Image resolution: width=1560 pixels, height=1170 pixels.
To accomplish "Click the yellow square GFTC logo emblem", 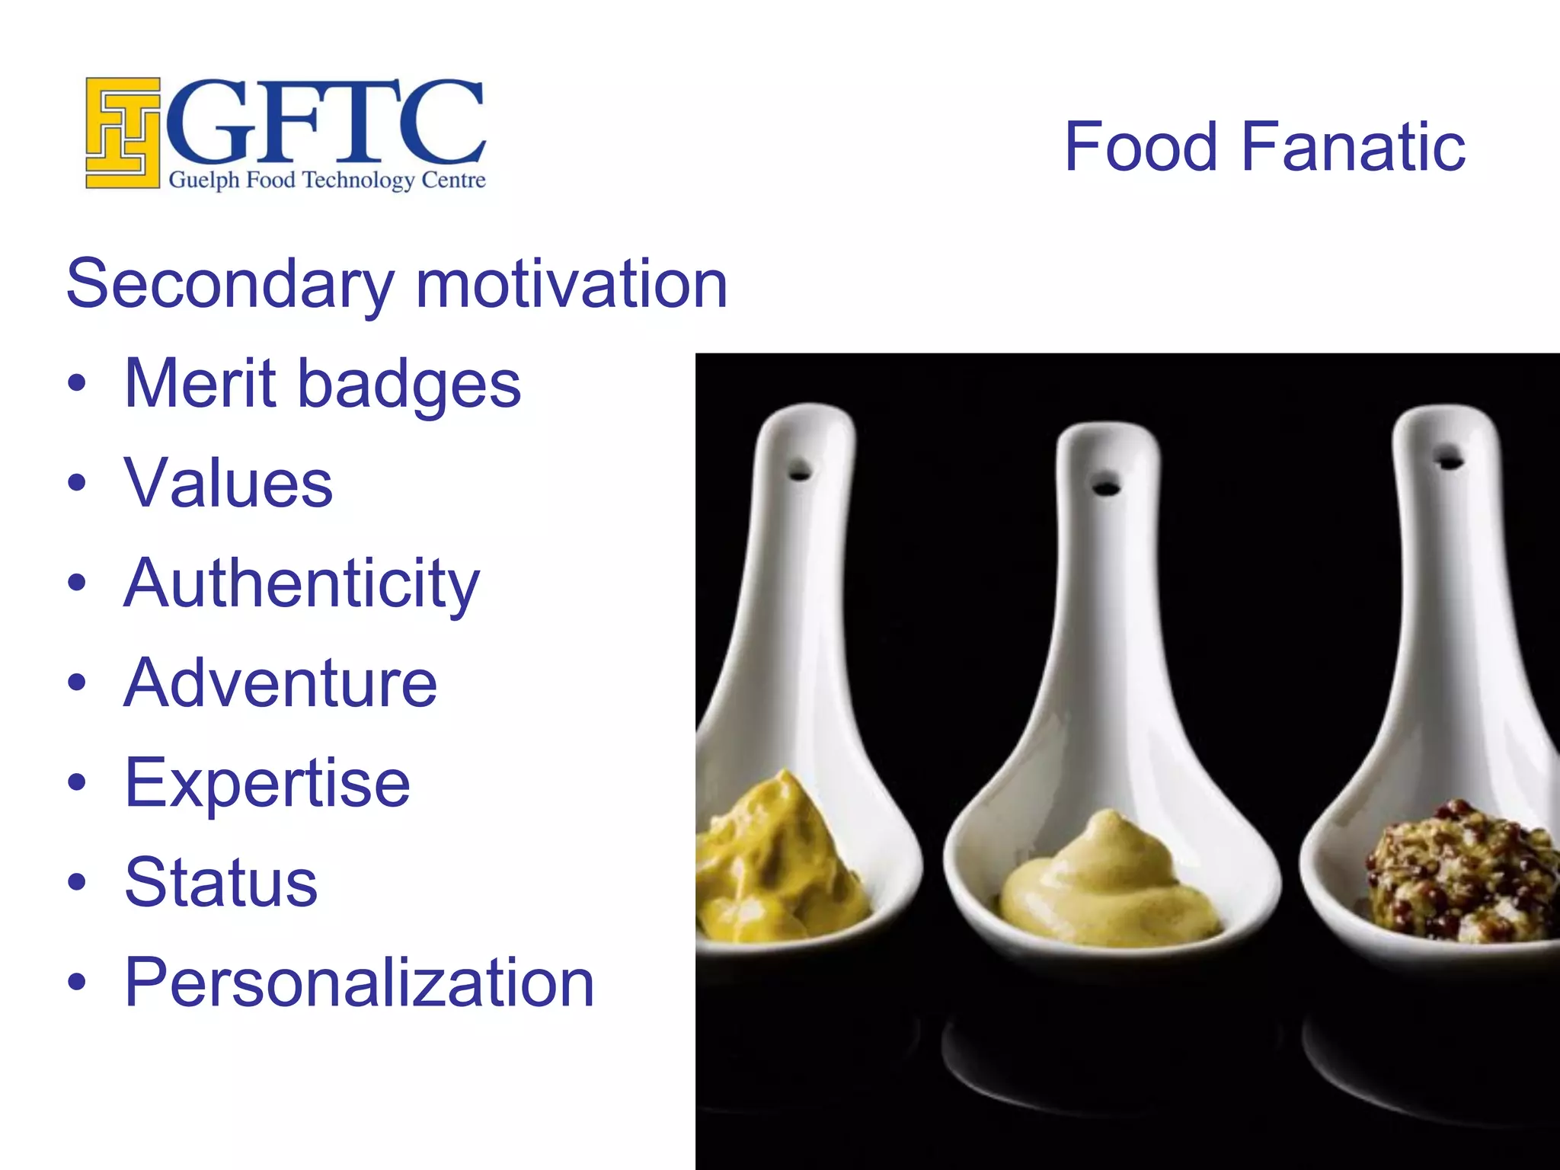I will (123, 133).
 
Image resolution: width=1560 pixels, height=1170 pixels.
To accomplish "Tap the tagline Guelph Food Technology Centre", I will (327, 181).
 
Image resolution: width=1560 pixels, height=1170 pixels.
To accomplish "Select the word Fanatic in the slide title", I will (1353, 146).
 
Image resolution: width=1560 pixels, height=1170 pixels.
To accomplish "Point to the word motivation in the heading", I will (571, 283).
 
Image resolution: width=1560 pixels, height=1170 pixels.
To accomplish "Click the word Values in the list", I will (229, 483).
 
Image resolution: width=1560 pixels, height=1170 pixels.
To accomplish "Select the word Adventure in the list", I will (280, 682).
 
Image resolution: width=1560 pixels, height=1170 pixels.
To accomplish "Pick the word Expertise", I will (267, 784).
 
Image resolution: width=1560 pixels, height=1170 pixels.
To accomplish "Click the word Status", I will (221, 882).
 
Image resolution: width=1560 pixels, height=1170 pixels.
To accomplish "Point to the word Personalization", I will (359, 983).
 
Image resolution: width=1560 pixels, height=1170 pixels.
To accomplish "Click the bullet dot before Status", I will (77, 882).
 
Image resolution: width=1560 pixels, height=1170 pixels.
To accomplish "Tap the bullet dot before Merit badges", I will (77, 383).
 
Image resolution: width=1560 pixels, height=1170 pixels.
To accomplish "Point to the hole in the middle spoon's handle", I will (1106, 485).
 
